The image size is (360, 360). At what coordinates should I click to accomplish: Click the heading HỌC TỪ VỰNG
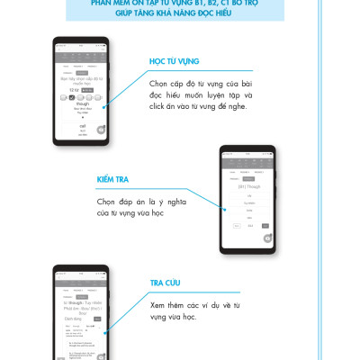[174, 61]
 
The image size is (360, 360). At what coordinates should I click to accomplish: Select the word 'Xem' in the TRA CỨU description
[159, 306]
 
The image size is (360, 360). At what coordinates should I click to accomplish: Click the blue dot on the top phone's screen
[106, 108]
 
